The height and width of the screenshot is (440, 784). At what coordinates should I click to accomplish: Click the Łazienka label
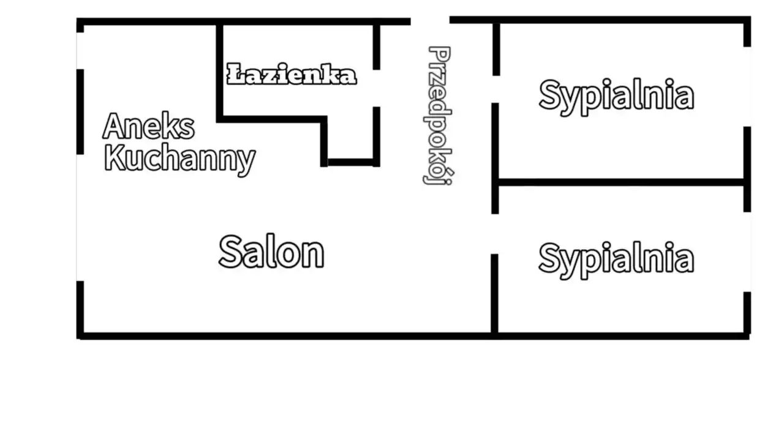point(292,74)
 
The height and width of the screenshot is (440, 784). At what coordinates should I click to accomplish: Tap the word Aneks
point(149,126)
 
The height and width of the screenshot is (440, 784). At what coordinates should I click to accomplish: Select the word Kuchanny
point(179,158)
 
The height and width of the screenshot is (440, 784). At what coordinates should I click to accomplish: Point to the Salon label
point(271,252)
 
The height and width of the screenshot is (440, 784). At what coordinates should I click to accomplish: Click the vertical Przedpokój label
point(439,116)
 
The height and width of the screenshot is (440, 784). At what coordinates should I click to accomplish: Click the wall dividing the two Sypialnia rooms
point(621,182)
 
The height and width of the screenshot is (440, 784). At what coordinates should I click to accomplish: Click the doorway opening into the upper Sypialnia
point(496,89)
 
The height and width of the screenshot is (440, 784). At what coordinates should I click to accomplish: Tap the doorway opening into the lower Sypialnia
point(495,234)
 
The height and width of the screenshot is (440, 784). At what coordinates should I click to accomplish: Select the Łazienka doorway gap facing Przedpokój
point(377,88)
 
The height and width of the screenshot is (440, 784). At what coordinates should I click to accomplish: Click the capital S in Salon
point(231,252)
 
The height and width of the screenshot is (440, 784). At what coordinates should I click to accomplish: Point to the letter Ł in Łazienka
point(236,73)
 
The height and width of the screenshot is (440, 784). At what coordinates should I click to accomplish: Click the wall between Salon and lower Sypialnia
point(494,294)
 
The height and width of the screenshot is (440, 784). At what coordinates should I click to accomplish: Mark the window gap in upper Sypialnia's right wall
point(747,87)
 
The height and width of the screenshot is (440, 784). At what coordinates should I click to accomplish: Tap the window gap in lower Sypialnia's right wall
point(747,252)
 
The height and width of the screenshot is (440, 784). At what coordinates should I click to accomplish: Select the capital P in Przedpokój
point(440,54)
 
